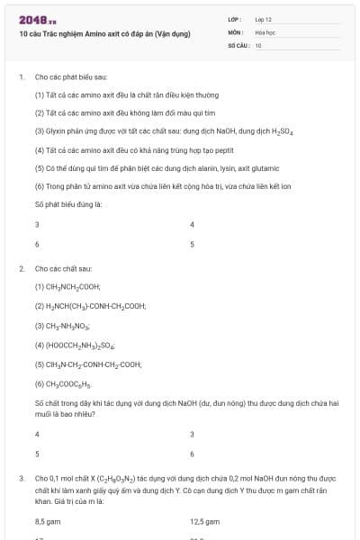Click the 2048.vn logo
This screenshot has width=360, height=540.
click(x=37, y=19)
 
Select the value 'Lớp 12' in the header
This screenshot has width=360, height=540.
click(x=264, y=18)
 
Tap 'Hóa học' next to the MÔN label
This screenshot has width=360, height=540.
click(x=265, y=31)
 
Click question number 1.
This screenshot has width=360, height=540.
click(x=21, y=77)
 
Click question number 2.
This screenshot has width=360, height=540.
click(x=21, y=269)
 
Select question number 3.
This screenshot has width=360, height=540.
click(x=21, y=478)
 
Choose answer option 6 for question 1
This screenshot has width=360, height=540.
click(x=37, y=244)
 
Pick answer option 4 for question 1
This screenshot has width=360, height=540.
click(x=193, y=224)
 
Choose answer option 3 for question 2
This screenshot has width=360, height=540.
click(x=193, y=434)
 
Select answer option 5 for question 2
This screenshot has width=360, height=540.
click(x=37, y=454)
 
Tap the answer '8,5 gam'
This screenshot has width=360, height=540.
click(x=48, y=521)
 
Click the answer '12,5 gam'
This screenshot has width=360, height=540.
click(x=205, y=521)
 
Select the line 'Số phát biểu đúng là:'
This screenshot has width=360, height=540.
click(x=68, y=205)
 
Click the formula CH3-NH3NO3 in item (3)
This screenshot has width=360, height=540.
click(x=63, y=326)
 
